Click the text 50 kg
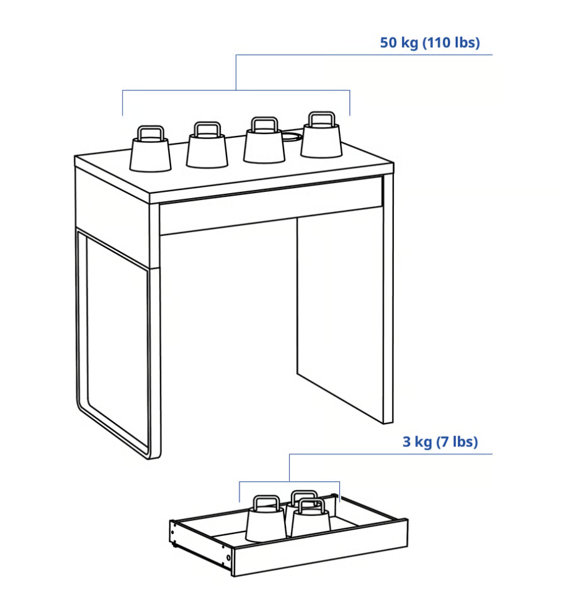399,42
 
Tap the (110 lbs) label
451,42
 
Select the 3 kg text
417,442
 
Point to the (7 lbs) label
457,442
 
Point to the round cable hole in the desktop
292,137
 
